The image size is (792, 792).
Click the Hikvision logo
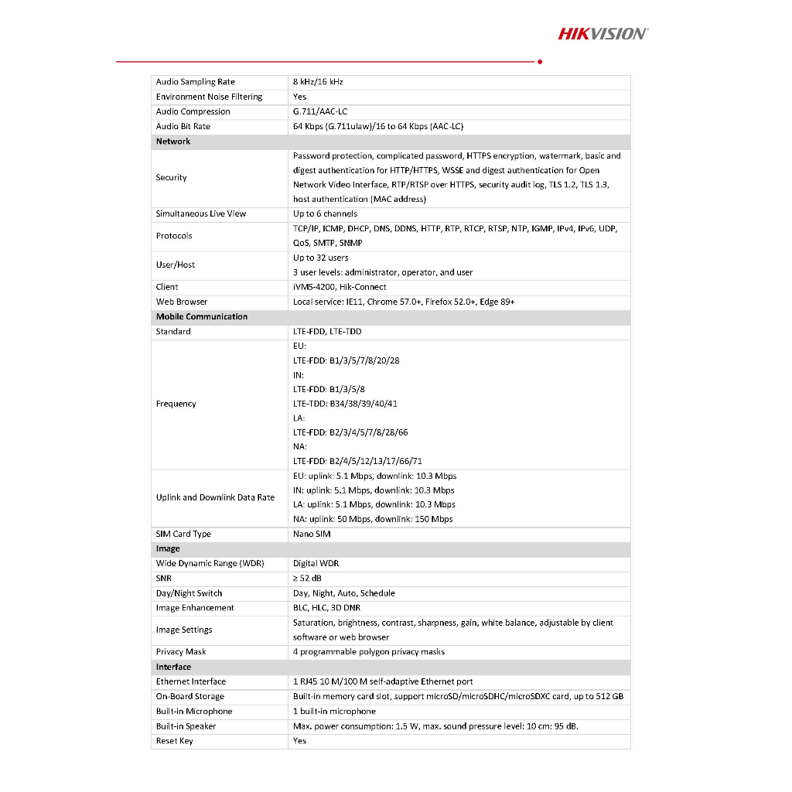click(603, 33)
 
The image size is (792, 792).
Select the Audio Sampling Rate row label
click(195, 82)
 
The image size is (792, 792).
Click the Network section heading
click(173, 142)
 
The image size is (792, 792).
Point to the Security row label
click(171, 178)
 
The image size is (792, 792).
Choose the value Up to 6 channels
click(325, 213)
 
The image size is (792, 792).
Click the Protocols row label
click(174, 236)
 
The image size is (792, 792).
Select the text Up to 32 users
click(320, 258)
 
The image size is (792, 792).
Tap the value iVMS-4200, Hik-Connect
click(340, 287)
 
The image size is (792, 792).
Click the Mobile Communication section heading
click(202, 316)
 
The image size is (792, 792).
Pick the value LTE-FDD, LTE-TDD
click(326, 332)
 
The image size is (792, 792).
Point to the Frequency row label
click(176, 404)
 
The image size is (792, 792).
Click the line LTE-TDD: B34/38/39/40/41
click(345, 404)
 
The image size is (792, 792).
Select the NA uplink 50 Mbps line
click(373, 519)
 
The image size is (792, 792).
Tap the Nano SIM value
click(311, 534)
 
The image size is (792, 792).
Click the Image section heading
click(168, 549)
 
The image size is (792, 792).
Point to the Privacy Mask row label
click(181, 652)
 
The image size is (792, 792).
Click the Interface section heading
click(173, 667)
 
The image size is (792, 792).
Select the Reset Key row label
click(174, 741)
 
